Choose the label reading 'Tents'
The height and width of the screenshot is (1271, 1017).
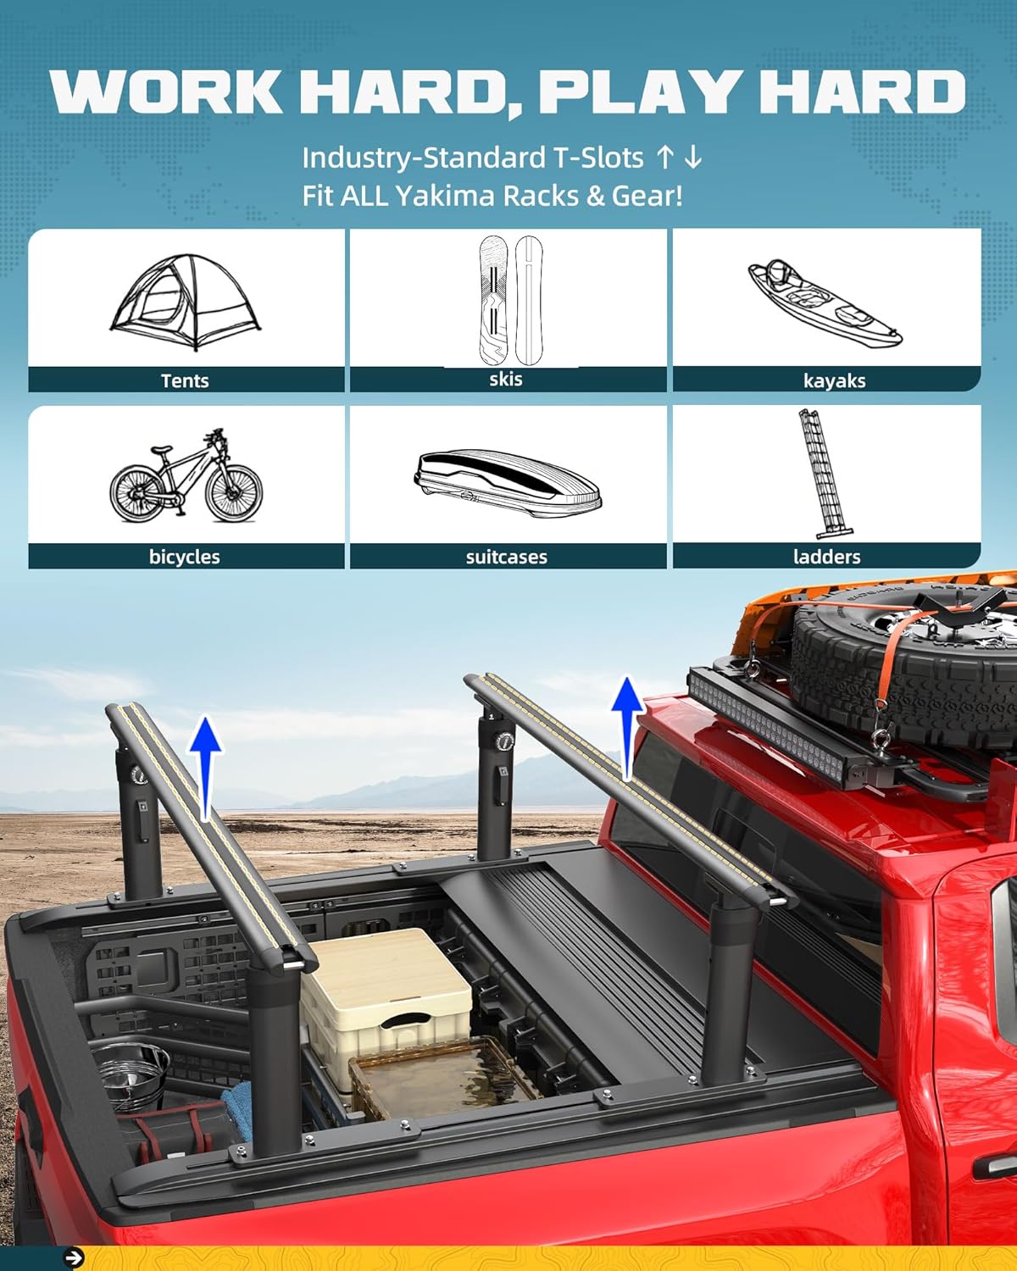pos(185,380)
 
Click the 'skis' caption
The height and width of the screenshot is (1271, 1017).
pos(506,379)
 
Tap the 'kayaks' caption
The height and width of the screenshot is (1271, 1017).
pos(834,380)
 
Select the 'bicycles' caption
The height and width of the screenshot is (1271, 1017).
pos(184,557)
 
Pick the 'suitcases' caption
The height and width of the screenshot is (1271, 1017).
pos(506,557)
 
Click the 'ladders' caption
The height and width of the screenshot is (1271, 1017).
pos(826,557)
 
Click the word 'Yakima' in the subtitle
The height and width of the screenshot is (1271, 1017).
pos(445,196)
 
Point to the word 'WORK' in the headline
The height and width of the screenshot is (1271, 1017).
pos(166,91)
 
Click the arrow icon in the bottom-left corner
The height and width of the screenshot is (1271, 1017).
pos(75,1258)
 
